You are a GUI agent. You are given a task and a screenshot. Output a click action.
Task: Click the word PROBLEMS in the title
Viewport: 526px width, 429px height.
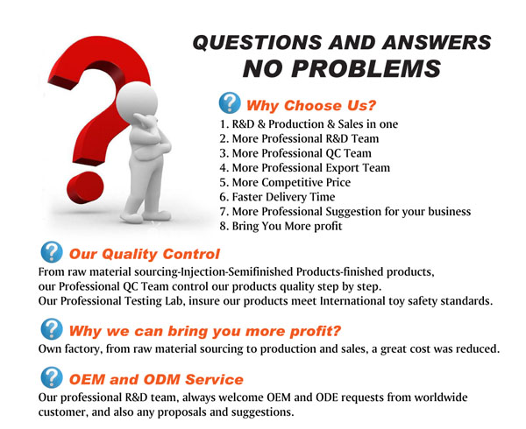tap(366, 68)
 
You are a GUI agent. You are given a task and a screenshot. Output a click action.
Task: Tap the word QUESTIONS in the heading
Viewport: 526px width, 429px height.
tap(257, 43)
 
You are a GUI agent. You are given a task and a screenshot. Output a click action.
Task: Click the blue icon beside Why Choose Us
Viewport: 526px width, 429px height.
tap(230, 103)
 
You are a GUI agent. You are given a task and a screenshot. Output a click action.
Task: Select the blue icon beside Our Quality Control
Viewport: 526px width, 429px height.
tap(52, 252)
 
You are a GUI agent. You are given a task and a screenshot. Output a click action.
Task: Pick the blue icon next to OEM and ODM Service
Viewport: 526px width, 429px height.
tap(52, 377)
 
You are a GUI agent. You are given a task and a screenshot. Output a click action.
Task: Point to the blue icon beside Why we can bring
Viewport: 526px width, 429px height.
tap(52, 329)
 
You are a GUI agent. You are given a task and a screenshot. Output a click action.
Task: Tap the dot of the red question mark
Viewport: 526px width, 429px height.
tap(85, 187)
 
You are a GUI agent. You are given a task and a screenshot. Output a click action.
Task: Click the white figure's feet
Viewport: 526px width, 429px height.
tap(146, 216)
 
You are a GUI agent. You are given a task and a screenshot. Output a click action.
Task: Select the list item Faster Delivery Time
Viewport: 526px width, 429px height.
tap(277, 197)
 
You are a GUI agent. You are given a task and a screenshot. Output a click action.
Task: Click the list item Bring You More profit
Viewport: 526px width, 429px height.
tap(281, 226)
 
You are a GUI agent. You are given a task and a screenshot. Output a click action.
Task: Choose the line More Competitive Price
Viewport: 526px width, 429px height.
tap(285, 182)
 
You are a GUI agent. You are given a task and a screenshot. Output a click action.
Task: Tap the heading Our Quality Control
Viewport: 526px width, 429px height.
tap(145, 254)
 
